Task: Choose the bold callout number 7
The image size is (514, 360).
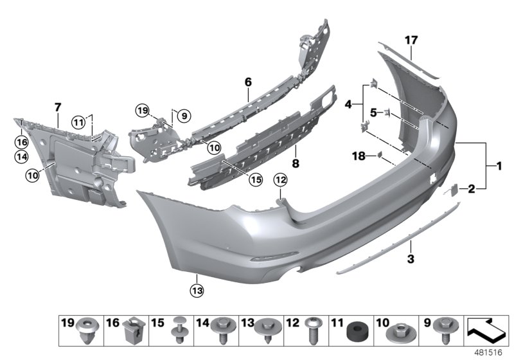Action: tap(57, 105)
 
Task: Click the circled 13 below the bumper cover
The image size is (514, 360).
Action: tap(196, 291)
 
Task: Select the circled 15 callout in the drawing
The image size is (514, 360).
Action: tap(256, 180)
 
